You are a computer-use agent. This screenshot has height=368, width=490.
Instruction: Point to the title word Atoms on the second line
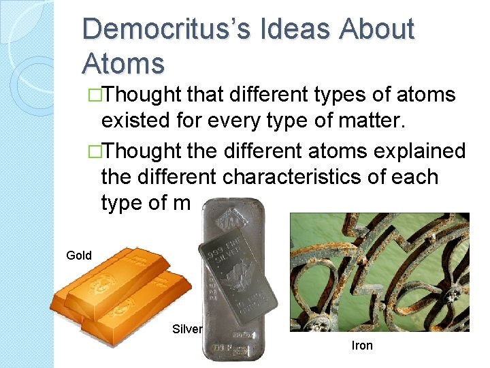123,63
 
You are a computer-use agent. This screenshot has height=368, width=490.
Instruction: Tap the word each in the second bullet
416,177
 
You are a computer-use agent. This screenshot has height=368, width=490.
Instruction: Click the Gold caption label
79,256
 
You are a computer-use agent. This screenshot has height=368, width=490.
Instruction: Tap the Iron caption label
362,346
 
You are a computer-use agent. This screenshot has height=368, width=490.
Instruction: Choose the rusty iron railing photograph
379,272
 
